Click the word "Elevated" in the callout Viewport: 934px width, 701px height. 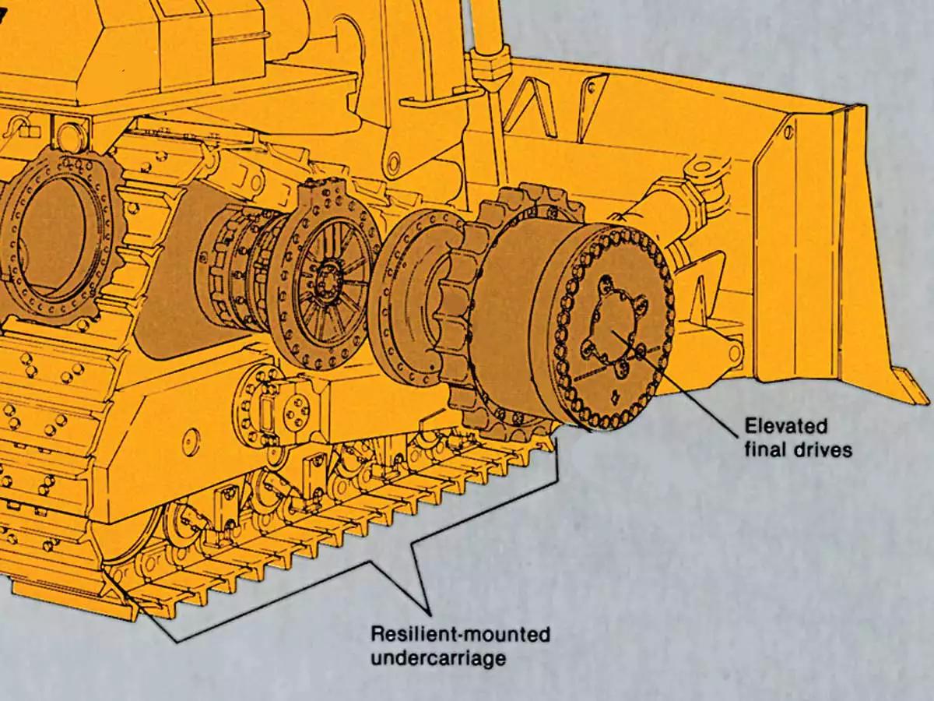tap(786, 427)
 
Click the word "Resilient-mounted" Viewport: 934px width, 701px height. tap(460, 635)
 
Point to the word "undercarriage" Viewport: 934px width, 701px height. tap(438, 658)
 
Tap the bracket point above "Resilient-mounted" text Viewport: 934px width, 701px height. tap(427, 607)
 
